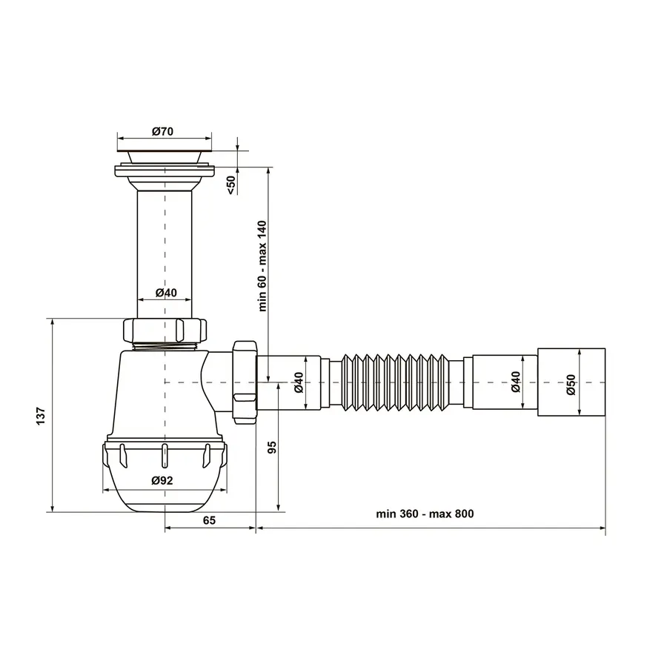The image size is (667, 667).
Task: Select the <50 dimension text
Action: (x=230, y=185)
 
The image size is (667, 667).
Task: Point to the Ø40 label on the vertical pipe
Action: (x=166, y=293)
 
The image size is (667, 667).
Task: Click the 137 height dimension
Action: (x=42, y=415)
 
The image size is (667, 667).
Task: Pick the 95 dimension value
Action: (x=271, y=447)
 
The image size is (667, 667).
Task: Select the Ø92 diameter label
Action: (x=162, y=480)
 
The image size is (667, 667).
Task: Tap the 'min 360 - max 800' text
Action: (x=424, y=514)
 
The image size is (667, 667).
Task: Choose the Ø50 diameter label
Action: (x=571, y=382)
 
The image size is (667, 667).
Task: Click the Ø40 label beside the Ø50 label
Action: (x=516, y=382)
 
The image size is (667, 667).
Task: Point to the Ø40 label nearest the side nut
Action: (x=298, y=382)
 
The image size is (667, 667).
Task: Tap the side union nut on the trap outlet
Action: (x=244, y=381)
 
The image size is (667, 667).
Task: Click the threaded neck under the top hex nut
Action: (x=165, y=345)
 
